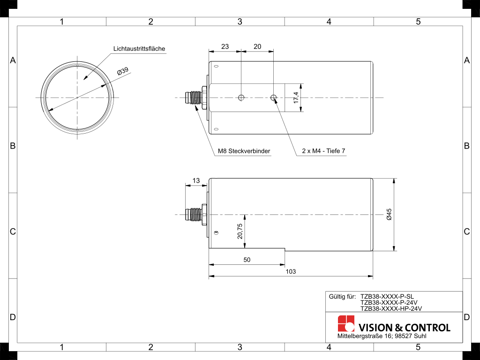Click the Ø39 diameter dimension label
(123, 71)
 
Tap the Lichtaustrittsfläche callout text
(139, 49)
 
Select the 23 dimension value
(225, 46)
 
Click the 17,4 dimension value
(296, 97)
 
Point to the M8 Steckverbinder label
(244, 151)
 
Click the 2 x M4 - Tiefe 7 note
(323, 151)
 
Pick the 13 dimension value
(196, 180)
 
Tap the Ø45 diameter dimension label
(389, 214)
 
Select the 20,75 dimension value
(240, 231)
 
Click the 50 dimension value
(247, 260)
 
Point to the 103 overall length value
(291, 271)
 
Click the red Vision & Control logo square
(346, 323)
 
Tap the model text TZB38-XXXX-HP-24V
(391, 308)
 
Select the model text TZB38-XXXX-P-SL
(387, 297)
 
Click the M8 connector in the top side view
(196, 97)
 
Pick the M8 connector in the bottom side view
(196, 214)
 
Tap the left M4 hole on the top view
(241, 97)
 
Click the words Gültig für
(342, 297)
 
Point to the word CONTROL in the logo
(427, 328)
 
